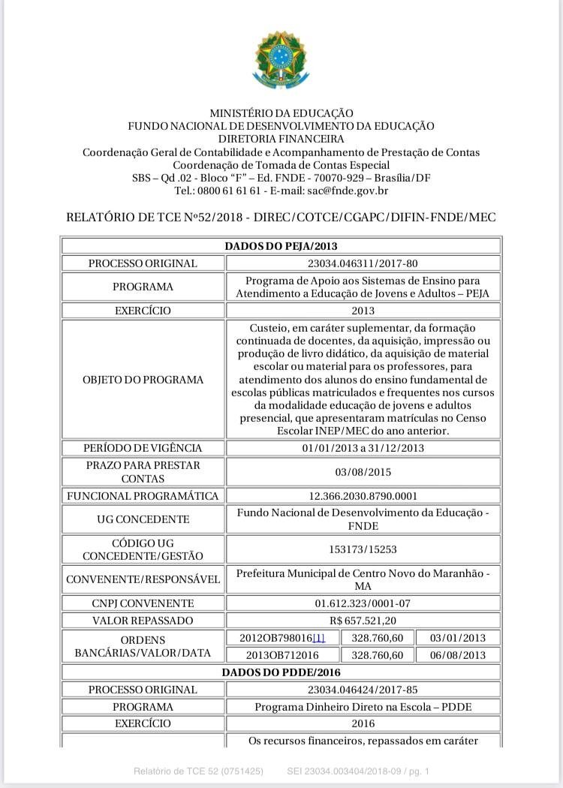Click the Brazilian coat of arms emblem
coord(281,60)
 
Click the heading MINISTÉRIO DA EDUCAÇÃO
coord(281,113)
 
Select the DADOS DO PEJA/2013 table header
coord(281,246)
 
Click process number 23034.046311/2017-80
coord(363,263)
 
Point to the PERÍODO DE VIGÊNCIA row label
coord(143,448)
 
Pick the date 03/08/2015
coord(363,472)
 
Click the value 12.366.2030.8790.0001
coord(363,496)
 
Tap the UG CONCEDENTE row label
coord(143,519)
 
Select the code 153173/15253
coord(363,549)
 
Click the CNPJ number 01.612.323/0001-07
coord(363,603)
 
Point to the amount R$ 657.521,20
coord(363,621)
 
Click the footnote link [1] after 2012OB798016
coord(319,638)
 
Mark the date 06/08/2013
coord(458,655)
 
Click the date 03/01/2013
coord(458,638)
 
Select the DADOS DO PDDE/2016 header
coord(281,672)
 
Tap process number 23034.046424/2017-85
coord(363,690)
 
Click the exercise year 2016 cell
coord(363,723)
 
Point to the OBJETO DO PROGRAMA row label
coord(143,380)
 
